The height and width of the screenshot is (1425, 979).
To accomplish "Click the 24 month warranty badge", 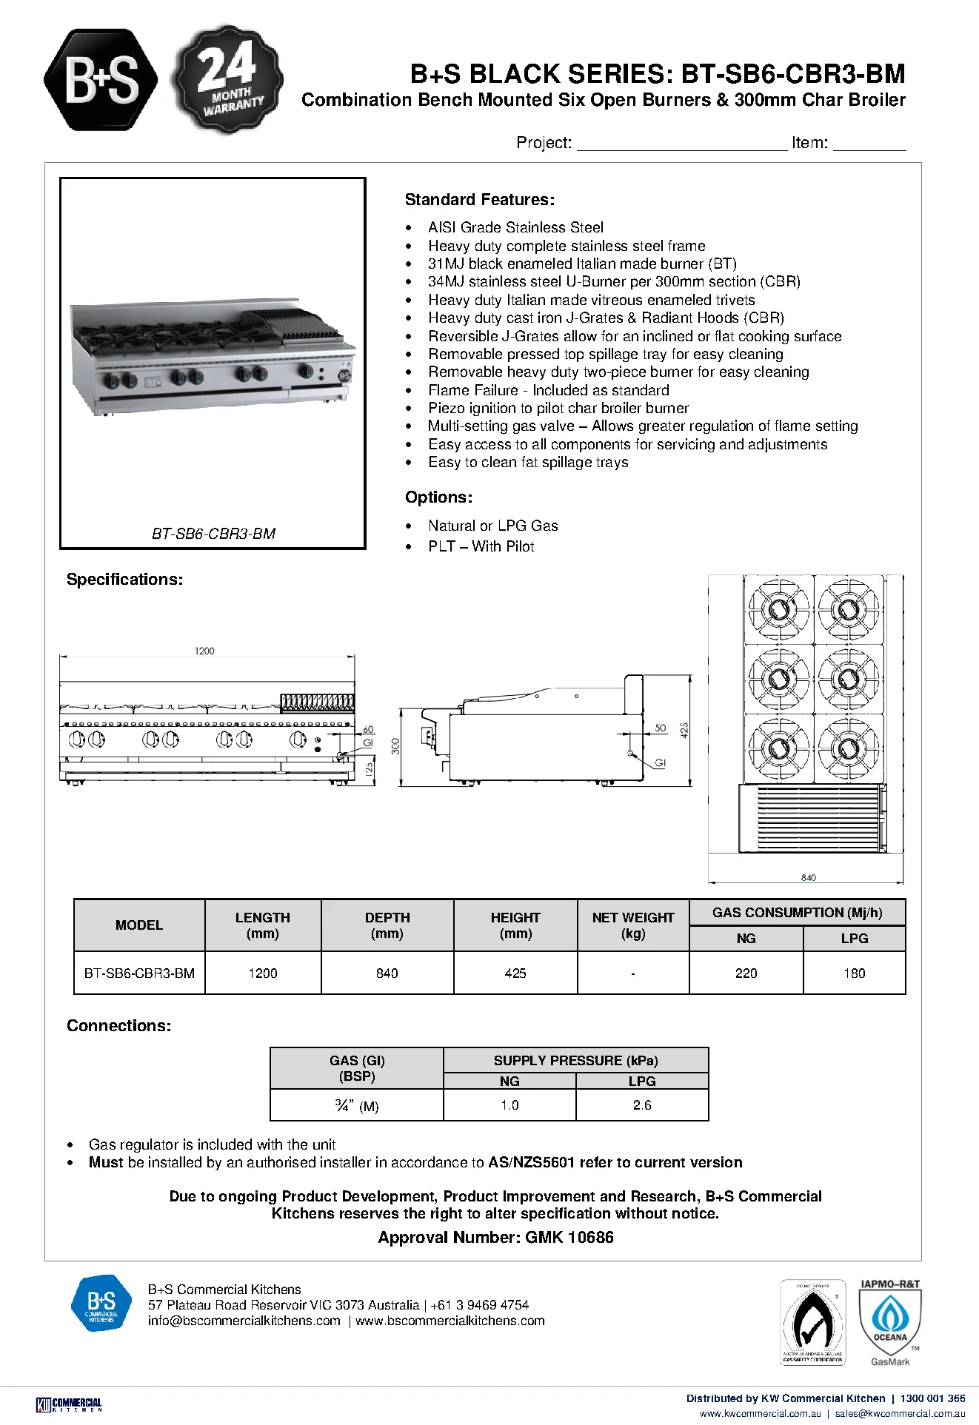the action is point(227,80).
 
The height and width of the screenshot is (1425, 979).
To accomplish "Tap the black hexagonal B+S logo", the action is point(101,80).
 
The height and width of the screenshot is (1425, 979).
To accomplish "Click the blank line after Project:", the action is point(681,149).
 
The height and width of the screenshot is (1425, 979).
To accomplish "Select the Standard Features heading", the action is point(479,199).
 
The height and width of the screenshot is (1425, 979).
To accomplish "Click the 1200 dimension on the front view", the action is point(204,651).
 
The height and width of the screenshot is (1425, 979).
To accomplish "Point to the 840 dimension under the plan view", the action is point(808,877).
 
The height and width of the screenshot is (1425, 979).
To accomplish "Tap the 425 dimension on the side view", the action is point(684,730).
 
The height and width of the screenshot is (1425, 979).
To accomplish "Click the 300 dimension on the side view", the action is point(395,746).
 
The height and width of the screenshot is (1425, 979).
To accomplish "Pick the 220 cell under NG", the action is point(746,973).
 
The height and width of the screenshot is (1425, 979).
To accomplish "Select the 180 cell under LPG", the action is point(854,973).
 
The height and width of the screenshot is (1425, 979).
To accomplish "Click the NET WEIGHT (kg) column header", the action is point(633,925).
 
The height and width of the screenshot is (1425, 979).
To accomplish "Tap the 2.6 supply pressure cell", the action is point(642,1105).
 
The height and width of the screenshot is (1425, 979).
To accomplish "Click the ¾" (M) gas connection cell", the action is point(357,1105).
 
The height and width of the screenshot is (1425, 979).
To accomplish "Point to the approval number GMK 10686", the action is point(495,1237).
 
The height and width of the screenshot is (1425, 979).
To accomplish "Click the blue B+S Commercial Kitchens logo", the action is point(101,1304).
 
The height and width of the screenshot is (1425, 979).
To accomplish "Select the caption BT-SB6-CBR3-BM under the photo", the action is point(213,533).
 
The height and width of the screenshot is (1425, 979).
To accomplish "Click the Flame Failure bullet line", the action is point(548,390).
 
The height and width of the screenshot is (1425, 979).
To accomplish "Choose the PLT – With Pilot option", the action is point(481,546).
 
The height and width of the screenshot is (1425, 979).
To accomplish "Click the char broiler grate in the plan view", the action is point(812,819).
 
